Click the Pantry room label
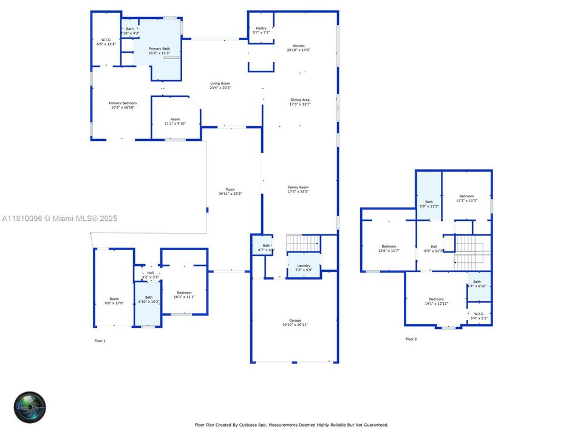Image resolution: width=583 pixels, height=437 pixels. coord(261,30)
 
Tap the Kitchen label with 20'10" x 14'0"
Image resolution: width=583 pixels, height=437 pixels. coord(298,48)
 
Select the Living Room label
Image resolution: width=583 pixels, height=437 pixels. coord(220,86)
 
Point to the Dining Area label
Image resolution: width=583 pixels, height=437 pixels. coord(300,102)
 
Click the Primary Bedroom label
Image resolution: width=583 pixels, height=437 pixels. coord(122,105)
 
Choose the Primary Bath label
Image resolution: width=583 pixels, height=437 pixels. coord(159,51)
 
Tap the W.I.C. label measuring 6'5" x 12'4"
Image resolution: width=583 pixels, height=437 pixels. coord(106,42)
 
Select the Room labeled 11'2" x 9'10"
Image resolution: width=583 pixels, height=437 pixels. coord(175,121)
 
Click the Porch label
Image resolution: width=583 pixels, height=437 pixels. coord(230,191)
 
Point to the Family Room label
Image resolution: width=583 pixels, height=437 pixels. coord(298,189)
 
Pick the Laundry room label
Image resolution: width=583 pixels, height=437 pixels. coord(304,267)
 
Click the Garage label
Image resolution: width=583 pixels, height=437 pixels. coord(295,322)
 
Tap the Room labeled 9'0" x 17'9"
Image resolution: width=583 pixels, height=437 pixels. coord(114,300)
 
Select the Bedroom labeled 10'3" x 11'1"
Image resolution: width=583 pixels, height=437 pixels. coord(184,294)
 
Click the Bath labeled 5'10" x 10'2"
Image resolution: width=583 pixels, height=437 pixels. coord(149,299)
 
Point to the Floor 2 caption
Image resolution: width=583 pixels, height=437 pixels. coord(411,339)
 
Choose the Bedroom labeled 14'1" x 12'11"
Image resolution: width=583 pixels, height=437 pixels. coord(436,301)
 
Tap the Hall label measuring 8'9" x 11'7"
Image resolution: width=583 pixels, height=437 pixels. coord(434,248)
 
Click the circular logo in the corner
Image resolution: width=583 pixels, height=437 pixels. coord(30,407)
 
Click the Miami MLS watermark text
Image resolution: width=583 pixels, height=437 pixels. coord(60,218)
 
